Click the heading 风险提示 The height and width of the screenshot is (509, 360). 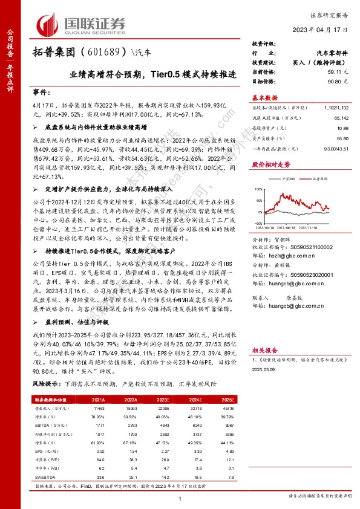click(46, 384)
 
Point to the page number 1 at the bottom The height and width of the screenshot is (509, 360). click(180, 498)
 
